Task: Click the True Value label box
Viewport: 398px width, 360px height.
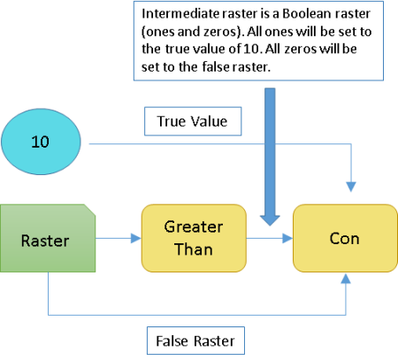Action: (192, 121)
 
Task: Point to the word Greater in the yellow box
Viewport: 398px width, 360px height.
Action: (193, 227)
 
